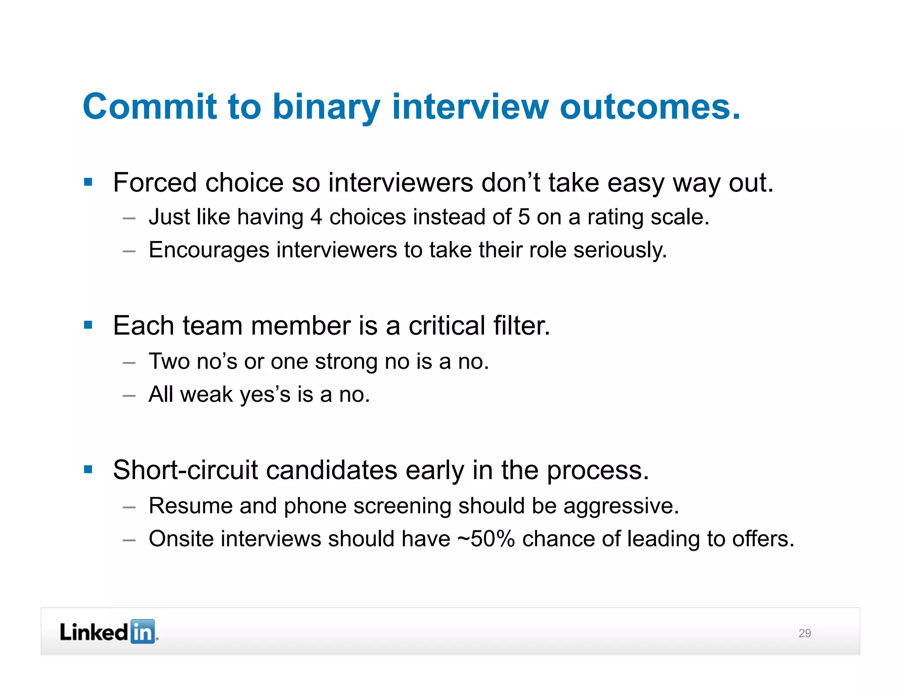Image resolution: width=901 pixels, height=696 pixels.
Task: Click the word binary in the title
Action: [326, 107]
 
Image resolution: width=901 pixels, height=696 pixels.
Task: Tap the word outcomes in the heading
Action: [650, 107]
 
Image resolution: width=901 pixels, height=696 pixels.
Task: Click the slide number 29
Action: [805, 633]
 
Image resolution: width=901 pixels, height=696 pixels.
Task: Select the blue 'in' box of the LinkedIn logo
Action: [143, 632]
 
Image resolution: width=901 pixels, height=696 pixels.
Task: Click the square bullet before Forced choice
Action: [88, 182]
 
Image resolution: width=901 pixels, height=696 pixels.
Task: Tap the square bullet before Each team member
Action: [88, 326]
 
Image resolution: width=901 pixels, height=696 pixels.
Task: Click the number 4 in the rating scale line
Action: [316, 217]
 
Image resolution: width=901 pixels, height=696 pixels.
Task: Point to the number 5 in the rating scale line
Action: [524, 217]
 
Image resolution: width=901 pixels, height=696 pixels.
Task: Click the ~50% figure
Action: [486, 539]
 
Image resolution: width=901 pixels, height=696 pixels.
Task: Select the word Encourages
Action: [209, 250]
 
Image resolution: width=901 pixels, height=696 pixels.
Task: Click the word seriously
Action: [620, 250]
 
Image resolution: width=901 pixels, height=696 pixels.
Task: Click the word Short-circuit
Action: [185, 470]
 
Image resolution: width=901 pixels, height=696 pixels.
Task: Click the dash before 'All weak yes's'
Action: [129, 396]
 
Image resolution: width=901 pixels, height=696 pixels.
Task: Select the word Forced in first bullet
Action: [154, 183]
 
